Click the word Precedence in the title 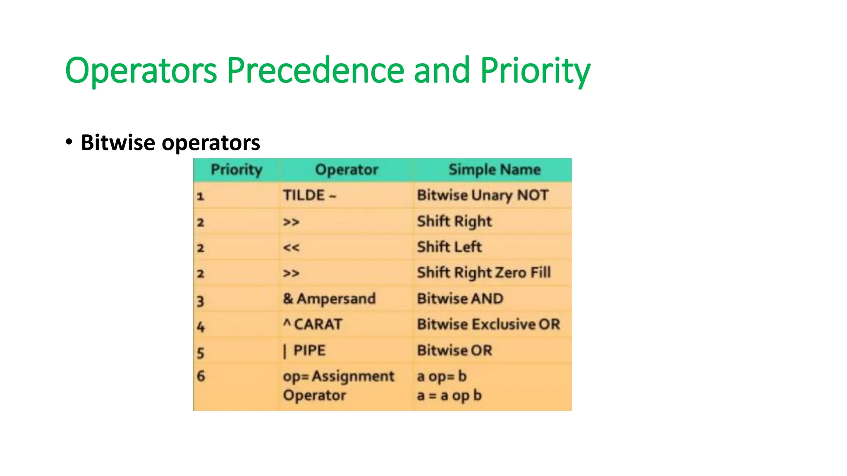tap(316, 70)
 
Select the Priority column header tap(237, 170)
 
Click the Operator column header tap(347, 170)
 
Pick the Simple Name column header tap(495, 170)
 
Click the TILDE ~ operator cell tap(310, 195)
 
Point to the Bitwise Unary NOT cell tap(483, 195)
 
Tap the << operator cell tap(291, 248)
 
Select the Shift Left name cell tap(450, 247)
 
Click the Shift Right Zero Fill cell tap(484, 273)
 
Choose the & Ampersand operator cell tap(329, 299)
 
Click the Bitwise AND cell tap(460, 299)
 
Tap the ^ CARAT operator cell tap(313, 324)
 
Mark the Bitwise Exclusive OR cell tap(488, 324)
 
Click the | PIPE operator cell tap(304, 351)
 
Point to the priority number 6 tap(201, 376)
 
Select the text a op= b tap(442, 376)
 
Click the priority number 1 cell tap(201, 196)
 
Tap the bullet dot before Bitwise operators tap(69, 142)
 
